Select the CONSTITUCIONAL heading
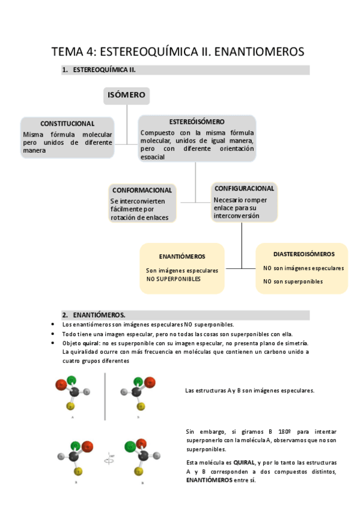[x=67, y=123]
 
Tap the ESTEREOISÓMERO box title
[x=197, y=121]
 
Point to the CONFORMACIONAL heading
[x=143, y=189]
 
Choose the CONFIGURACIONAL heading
[x=245, y=188]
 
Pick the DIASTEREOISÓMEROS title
[x=304, y=254]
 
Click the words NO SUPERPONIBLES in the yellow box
[x=173, y=279]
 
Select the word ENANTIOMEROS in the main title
[x=258, y=52]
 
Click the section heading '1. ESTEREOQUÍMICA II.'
[x=99, y=70]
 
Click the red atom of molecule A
[x=60, y=384]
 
